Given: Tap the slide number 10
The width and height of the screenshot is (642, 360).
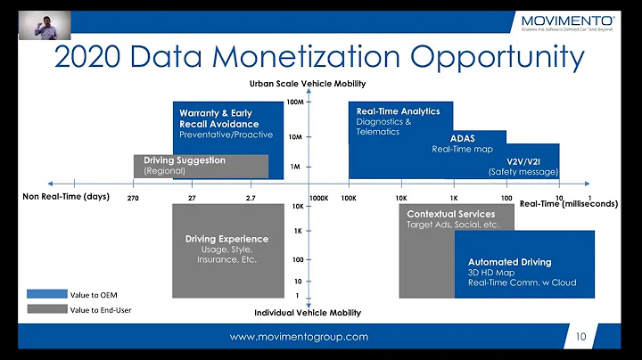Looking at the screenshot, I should point(580,337).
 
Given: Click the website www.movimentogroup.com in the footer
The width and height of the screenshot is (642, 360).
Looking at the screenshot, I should point(299,337).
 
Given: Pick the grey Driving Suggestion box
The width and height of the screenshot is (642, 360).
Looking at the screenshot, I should point(202,166).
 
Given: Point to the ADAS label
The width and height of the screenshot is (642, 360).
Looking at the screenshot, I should point(462,138).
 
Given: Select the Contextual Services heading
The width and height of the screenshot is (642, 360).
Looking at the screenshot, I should point(450,215).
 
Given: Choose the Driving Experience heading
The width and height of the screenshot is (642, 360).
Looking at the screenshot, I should point(226,239).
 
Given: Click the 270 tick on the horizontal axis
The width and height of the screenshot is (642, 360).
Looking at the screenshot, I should point(133,197).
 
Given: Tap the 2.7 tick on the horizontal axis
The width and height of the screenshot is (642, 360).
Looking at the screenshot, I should point(251,197).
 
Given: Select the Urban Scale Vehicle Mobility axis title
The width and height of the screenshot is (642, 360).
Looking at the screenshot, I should point(307,84).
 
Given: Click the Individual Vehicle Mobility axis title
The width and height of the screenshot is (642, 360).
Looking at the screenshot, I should point(308,313).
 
